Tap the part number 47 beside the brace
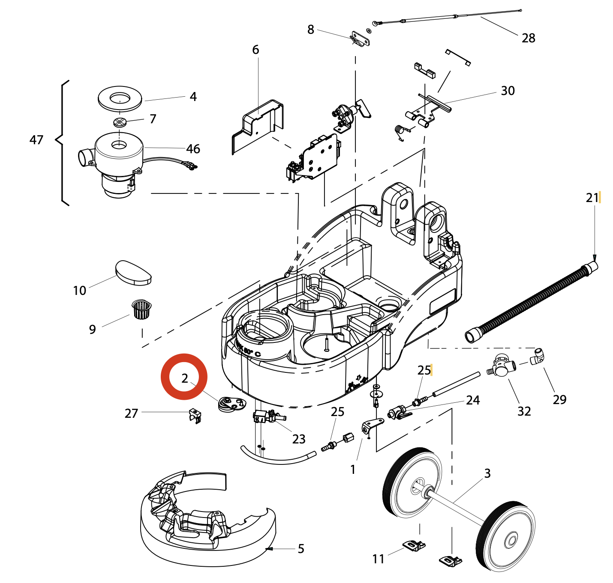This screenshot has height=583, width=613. pyautogui.click(x=36, y=140)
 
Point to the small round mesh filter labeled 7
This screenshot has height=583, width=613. pyautogui.click(x=120, y=122)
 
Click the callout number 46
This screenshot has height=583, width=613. pyautogui.click(x=193, y=149)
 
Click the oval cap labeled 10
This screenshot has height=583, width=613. pyautogui.click(x=133, y=273)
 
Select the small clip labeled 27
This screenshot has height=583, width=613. pyautogui.click(x=195, y=415)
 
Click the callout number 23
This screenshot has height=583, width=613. pyautogui.click(x=299, y=439)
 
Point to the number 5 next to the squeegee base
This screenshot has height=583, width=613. pyautogui.click(x=301, y=549)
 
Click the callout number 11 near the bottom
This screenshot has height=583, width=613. pyautogui.click(x=378, y=559)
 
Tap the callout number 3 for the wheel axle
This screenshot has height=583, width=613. pyautogui.click(x=487, y=473)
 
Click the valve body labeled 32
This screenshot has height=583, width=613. pyautogui.click(x=500, y=366)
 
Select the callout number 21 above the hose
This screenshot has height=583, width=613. pyautogui.click(x=592, y=198)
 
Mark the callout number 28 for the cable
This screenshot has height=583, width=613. pyautogui.click(x=529, y=38)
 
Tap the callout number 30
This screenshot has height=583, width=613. pyautogui.click(x=508, y=91)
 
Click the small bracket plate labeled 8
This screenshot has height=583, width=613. pyautogui.click(x=360, y=39)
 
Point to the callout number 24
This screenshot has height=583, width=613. pyautogui.click(x=473, y=400)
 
